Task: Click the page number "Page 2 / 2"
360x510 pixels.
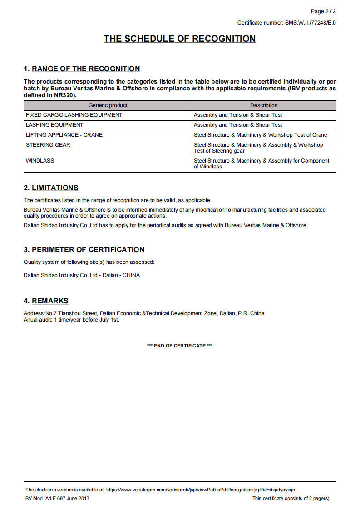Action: (x=323, y=11)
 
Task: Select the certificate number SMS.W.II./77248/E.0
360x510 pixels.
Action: (x=311, y=23)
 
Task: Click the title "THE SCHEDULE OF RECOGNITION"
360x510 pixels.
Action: (x=180, y=39)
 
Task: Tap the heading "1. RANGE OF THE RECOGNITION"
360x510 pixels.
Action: (x=82, y=69)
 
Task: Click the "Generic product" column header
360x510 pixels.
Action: (x=108, y=105)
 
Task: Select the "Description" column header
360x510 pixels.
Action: (x=264, y=105)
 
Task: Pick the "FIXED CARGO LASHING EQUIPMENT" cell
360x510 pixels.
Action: (x=74, y=115)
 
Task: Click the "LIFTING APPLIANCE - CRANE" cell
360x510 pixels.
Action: (x=64, y=135)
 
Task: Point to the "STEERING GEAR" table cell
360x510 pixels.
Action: (x=48, y=145)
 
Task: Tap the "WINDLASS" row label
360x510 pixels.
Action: (x=40, y=161)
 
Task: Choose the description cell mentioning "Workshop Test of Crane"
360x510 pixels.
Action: (x=261, y=135)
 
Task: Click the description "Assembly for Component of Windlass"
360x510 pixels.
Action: (x=261, y=163)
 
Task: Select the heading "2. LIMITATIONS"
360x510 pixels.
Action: (x=51, y=188)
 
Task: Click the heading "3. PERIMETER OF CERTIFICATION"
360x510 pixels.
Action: (x=84, y=250)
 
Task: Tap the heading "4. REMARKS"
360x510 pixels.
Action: (x=46, y=301)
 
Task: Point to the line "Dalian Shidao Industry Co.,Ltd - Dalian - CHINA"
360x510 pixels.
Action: (x=82, y=275)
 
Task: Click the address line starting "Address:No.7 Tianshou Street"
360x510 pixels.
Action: (x=144, y=313)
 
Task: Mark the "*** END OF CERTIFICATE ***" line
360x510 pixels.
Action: (x=180, y=346)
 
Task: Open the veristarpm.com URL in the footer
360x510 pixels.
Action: (x=200, y=490)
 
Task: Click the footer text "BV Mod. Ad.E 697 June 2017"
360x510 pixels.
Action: (x=58, y=498)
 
